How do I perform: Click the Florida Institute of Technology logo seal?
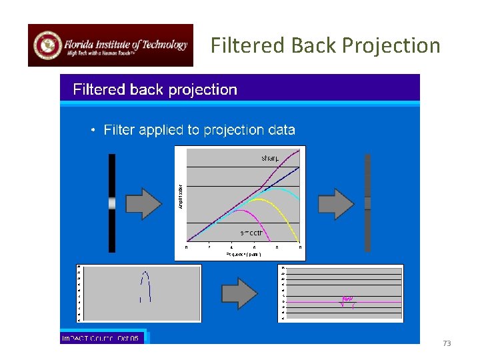(47, 45)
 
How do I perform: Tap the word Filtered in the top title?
(248, 45)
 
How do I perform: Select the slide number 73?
(447, 343)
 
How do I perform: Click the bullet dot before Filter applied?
(94, 130)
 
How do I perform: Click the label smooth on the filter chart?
(253, 233)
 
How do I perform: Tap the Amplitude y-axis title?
(180, 196)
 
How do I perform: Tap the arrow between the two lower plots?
(238, 293)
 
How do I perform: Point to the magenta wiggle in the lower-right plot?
(347, 301)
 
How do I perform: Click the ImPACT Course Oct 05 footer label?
(101, 339)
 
